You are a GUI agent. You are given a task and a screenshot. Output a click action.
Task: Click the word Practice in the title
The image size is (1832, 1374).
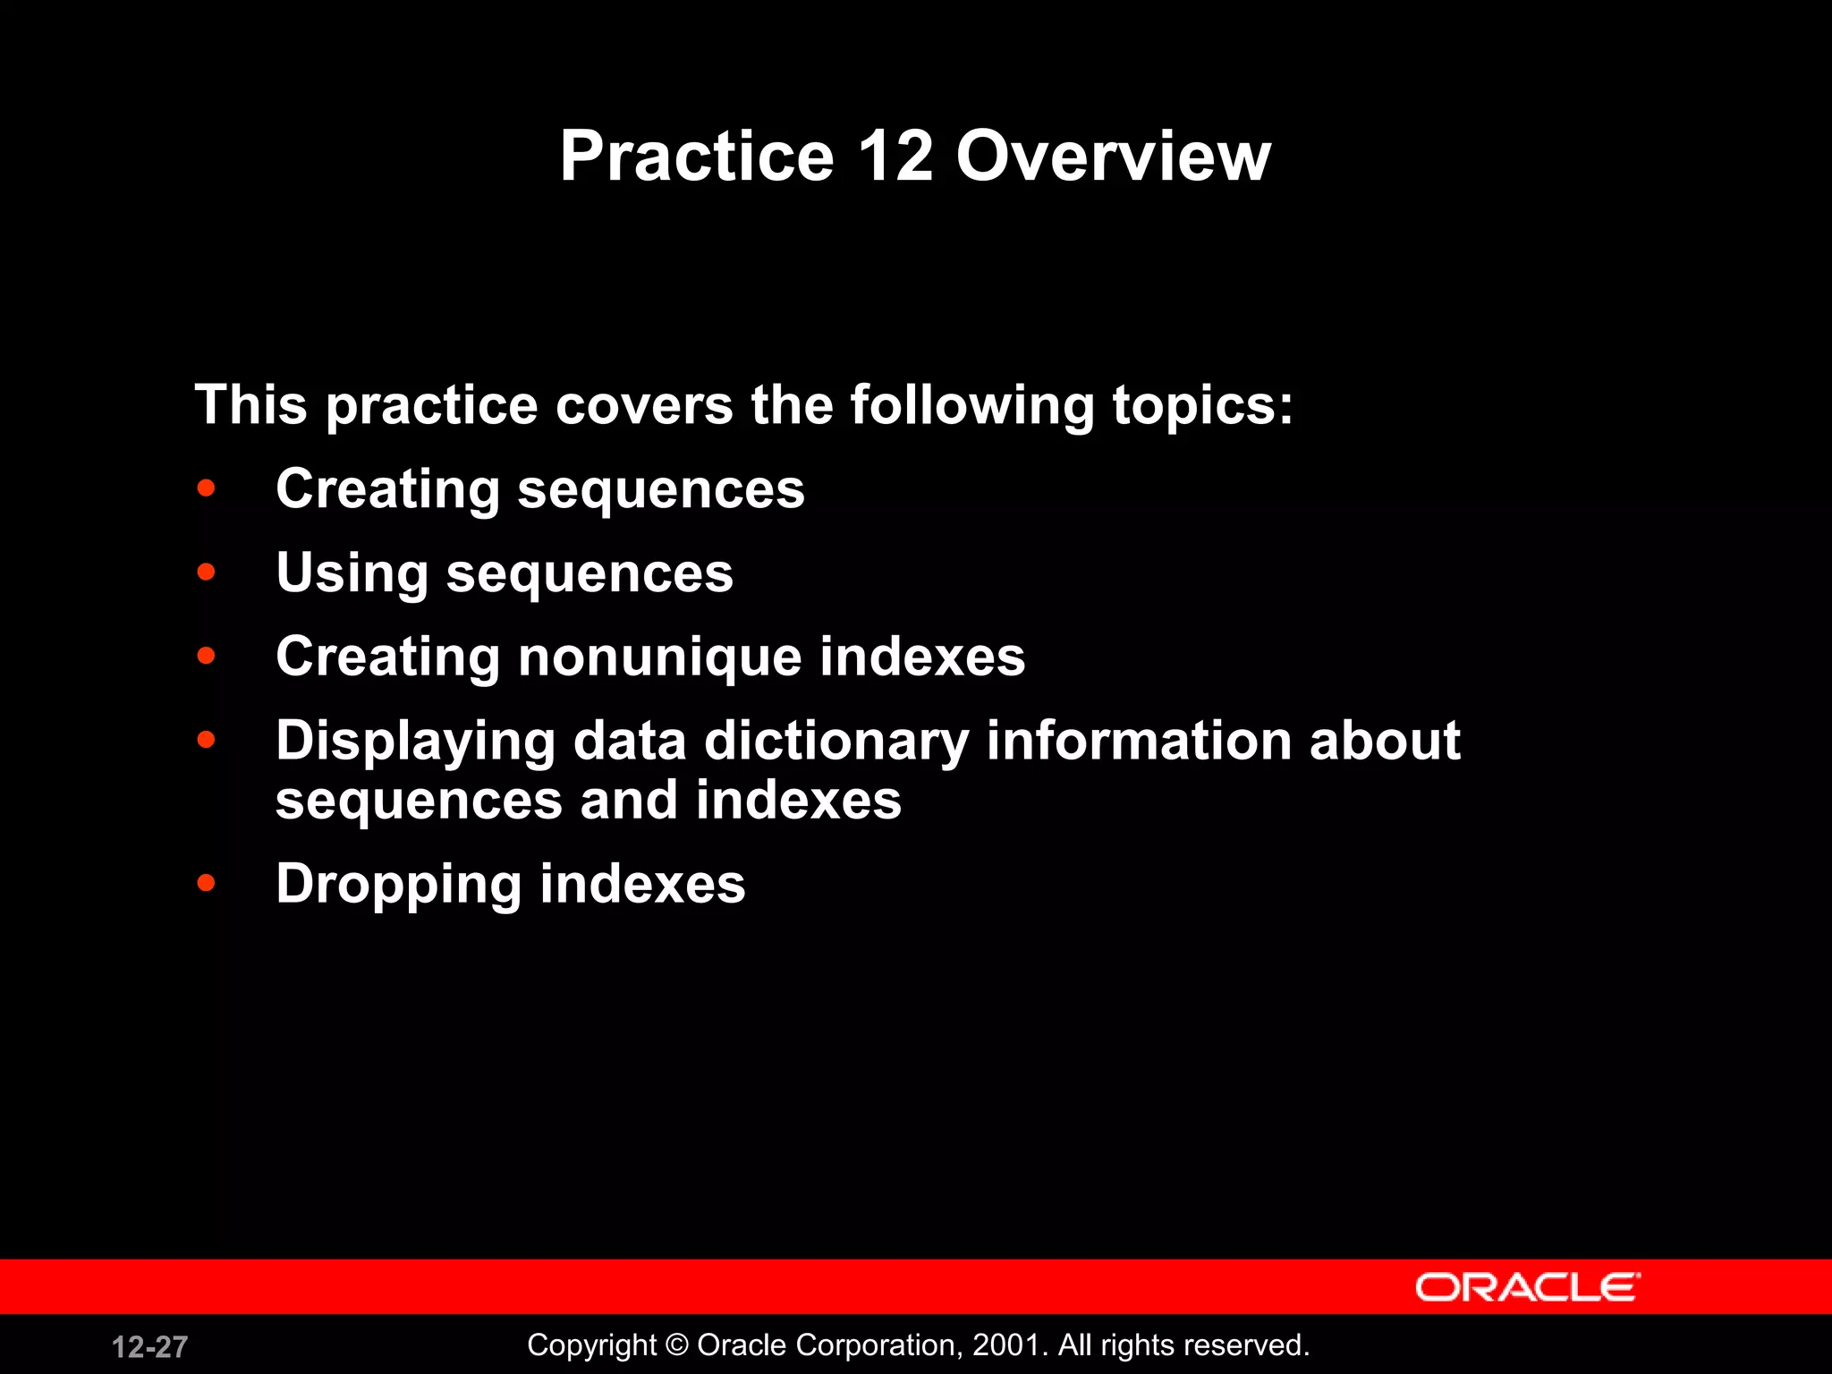pos(697,157)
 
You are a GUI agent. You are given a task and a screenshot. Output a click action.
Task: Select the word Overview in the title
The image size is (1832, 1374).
pos(1113,157)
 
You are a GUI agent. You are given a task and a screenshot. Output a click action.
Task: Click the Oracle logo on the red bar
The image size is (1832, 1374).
pos(1527,1287)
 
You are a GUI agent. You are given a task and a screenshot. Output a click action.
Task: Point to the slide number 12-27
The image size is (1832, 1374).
pos(149,1346)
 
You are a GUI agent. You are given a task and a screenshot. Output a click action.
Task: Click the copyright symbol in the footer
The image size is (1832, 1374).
pos(677,1344)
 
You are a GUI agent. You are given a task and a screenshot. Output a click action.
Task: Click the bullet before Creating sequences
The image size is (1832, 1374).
pos(207,488)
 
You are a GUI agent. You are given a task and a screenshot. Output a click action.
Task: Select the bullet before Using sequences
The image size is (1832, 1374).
pos(207,572)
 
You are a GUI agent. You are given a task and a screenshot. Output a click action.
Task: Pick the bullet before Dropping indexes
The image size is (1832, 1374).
pos(207,884)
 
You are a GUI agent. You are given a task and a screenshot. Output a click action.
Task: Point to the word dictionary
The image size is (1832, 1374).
pos(836,742)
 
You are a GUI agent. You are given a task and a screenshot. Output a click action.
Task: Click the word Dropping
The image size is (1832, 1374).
pos(399,884)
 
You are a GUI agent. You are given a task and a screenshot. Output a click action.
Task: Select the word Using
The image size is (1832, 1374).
pos(352,572)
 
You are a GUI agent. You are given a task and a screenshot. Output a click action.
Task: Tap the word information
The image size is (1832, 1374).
pos(1139,742)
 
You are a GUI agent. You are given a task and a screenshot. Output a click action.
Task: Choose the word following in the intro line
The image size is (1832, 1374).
pos(971,405)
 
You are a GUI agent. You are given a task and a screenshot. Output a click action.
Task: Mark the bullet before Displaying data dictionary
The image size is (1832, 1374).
pos(207,741)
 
